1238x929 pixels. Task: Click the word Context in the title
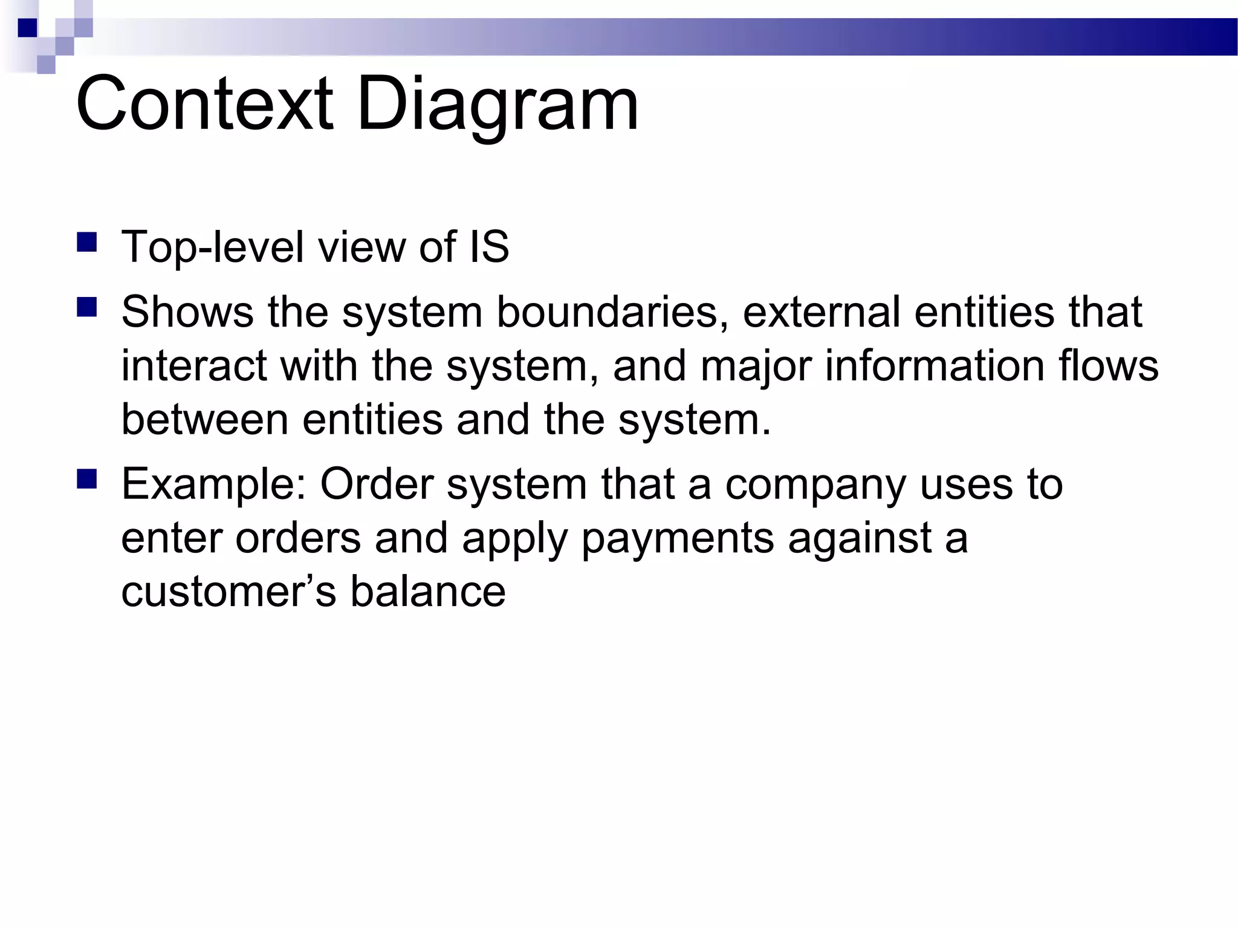[x=204, y=104]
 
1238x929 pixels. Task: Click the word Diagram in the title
[x=497, y=104]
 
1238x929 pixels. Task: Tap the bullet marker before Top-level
[x=87, y=243]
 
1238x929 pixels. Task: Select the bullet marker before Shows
[x=87, y=308]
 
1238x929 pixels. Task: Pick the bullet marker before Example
[x=87, y=480]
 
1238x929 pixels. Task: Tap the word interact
[x=194, y=366]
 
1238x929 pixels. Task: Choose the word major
[x=756, y=367]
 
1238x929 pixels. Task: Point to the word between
[x=204, y=420]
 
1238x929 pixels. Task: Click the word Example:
[x=216, y=485]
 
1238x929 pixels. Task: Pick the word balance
[x=428, y=592]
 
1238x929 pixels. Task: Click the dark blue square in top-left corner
[x=28, y=28]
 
